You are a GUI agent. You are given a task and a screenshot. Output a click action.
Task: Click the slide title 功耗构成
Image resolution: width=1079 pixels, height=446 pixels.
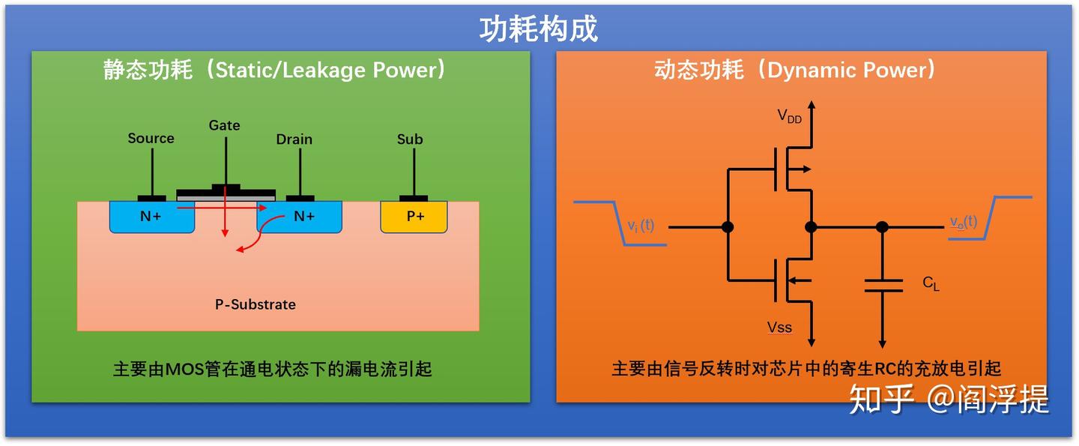coord(539,29)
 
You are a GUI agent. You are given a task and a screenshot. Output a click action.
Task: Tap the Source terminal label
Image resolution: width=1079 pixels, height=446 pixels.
coord(151,139)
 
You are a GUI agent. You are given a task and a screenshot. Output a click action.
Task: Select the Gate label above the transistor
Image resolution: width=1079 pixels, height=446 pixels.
coord(224,126)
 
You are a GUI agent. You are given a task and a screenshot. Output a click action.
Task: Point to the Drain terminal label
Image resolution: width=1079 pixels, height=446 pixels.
coord(294,139)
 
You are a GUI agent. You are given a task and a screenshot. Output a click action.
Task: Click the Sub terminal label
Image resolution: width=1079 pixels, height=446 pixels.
coord(410,139)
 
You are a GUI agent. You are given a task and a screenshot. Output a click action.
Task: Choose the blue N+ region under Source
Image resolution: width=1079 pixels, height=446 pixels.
coord(151,217)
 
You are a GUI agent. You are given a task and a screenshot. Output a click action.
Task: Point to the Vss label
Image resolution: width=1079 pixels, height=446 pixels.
coord(779,328)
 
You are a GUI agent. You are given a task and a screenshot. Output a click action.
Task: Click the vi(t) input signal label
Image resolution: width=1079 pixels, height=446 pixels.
coord(641,224)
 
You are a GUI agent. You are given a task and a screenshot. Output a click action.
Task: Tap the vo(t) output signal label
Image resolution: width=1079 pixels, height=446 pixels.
coord(964,222)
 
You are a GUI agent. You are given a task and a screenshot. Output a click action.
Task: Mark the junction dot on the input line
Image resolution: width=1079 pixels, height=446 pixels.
coord(727,226)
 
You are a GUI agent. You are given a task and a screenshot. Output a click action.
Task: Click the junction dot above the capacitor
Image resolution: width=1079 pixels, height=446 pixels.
coord(883,226)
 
